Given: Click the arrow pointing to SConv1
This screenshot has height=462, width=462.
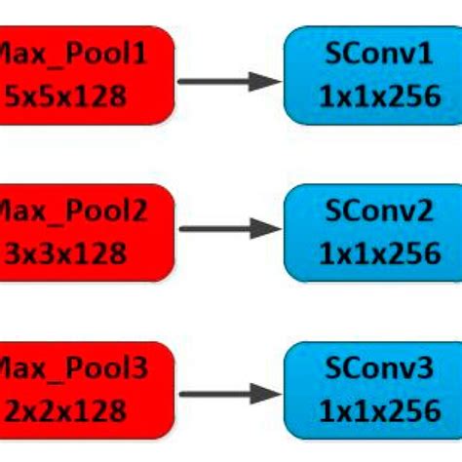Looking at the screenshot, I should coord(230,81).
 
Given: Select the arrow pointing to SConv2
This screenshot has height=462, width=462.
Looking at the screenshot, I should coord(230,230).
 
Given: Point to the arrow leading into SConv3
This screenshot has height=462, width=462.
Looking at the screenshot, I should coord(230,395).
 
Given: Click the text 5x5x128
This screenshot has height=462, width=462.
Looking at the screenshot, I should coord(66,96).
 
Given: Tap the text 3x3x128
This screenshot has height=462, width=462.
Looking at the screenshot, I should coord(66,253).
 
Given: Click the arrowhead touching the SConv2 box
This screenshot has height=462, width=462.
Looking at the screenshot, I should coord(267,230).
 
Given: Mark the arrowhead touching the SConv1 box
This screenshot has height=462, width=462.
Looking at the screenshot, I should coord(267,81).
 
